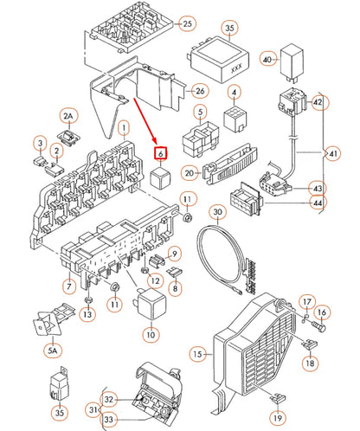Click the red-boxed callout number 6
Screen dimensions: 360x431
(x=161, y=153)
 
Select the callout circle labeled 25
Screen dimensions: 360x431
(x=188, y=23)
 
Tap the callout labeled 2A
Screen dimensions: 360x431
(x=68, y=116)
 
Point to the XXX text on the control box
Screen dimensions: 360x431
(x=236, y=68)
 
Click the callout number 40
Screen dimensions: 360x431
(x=267, y=60)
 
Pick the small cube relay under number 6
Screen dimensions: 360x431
(x=161, y=177)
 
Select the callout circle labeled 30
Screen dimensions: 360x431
(x=218, y=213)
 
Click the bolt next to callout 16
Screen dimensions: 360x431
(x=319, y=327)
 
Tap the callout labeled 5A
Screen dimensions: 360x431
(x=53, y=351)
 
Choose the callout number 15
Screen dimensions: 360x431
(x=198, y=354)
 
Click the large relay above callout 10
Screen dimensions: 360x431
(x=151, y=305)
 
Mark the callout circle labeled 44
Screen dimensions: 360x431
(x=318, y=203)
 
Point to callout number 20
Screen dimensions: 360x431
(x=190, y=173)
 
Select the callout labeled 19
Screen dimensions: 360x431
(x=278, y=418)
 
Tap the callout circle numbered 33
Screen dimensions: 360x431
(x=108, y=419)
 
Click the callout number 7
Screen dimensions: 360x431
(x=69, y=286)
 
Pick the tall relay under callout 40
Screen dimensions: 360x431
(x=292, y=61)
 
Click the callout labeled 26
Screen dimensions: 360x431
(x=200, y=91)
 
